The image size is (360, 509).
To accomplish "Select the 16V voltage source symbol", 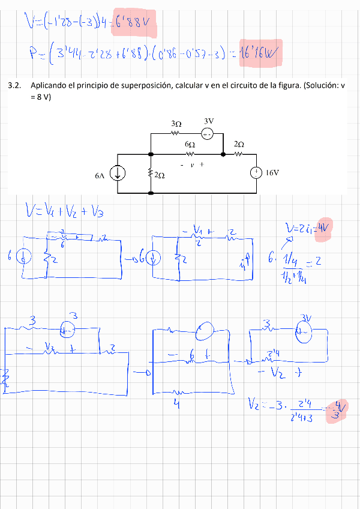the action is (x=256, y=173).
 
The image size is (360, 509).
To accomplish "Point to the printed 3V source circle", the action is (x=206, y=133).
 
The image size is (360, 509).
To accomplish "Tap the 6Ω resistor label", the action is (x=190, y=145).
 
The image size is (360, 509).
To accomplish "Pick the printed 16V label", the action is (x=272, y=173).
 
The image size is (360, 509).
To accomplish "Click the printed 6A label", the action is (x=100, y=176).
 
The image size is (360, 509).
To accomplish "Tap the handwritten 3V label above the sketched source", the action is (x=307, y=318).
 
